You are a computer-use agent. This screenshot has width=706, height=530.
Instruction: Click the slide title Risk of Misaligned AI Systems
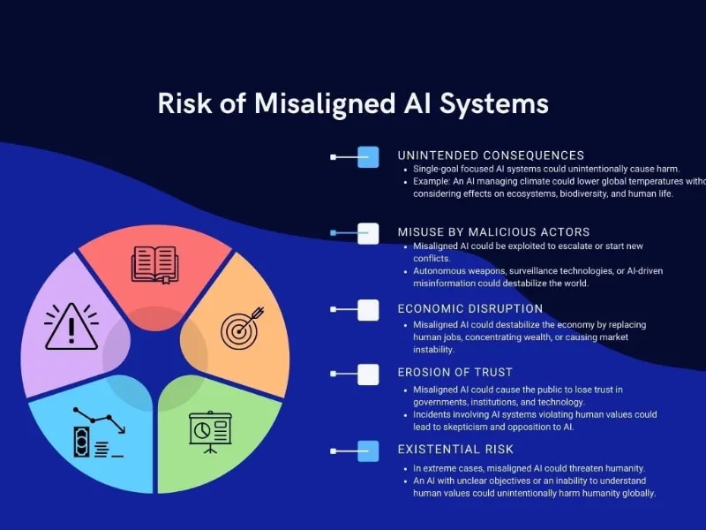tap(353, 103)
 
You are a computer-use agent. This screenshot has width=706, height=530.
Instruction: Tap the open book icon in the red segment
tap(154, 264)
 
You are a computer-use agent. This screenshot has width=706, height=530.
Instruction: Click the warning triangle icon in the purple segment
tap(71, 326)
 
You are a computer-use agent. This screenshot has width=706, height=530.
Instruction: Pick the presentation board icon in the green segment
tap(209, 430)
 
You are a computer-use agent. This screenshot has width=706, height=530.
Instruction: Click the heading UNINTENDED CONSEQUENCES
tap(491, 155)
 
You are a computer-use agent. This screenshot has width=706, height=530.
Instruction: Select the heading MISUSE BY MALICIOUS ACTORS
tap(493, 232)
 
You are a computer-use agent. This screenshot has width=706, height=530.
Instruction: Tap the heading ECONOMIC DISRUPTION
tap(469, 309)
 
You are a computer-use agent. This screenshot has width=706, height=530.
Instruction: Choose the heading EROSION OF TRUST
tap(454, 373)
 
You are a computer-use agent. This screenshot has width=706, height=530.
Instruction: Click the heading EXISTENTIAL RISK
tap(454, 450)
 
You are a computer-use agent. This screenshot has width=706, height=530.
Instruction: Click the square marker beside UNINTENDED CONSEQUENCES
tap(368, 157)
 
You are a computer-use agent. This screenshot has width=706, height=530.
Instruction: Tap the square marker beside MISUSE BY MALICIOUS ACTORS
tap(368, 233)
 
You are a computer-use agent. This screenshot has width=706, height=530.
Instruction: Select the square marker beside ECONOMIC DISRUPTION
tap(368, 310)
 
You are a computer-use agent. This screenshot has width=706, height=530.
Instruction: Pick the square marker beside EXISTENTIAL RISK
tap(368, 450)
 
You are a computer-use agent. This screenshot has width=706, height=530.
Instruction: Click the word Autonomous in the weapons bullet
tap(442, 271)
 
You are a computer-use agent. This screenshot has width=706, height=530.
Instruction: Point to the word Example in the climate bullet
tap(432, 181)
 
